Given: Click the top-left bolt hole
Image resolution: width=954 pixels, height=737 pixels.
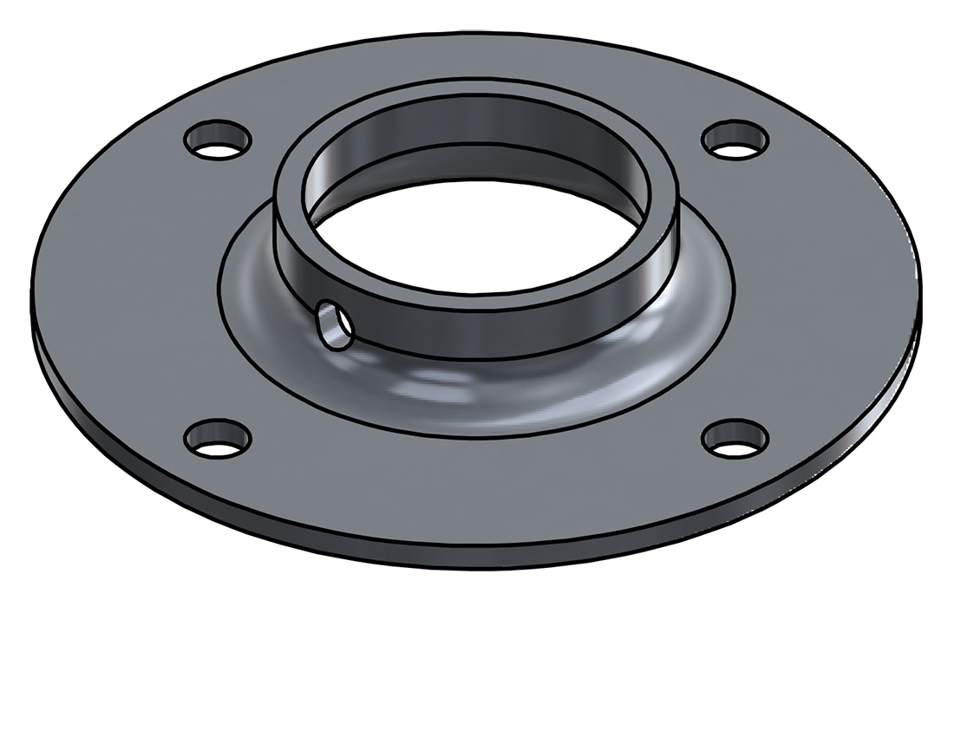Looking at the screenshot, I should point(217,141).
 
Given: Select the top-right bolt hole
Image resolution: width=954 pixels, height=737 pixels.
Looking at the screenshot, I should point(735,140).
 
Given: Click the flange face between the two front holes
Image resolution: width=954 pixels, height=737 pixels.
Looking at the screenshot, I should point(477,486).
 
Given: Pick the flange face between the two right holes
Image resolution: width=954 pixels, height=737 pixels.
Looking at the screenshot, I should point(824,286).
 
